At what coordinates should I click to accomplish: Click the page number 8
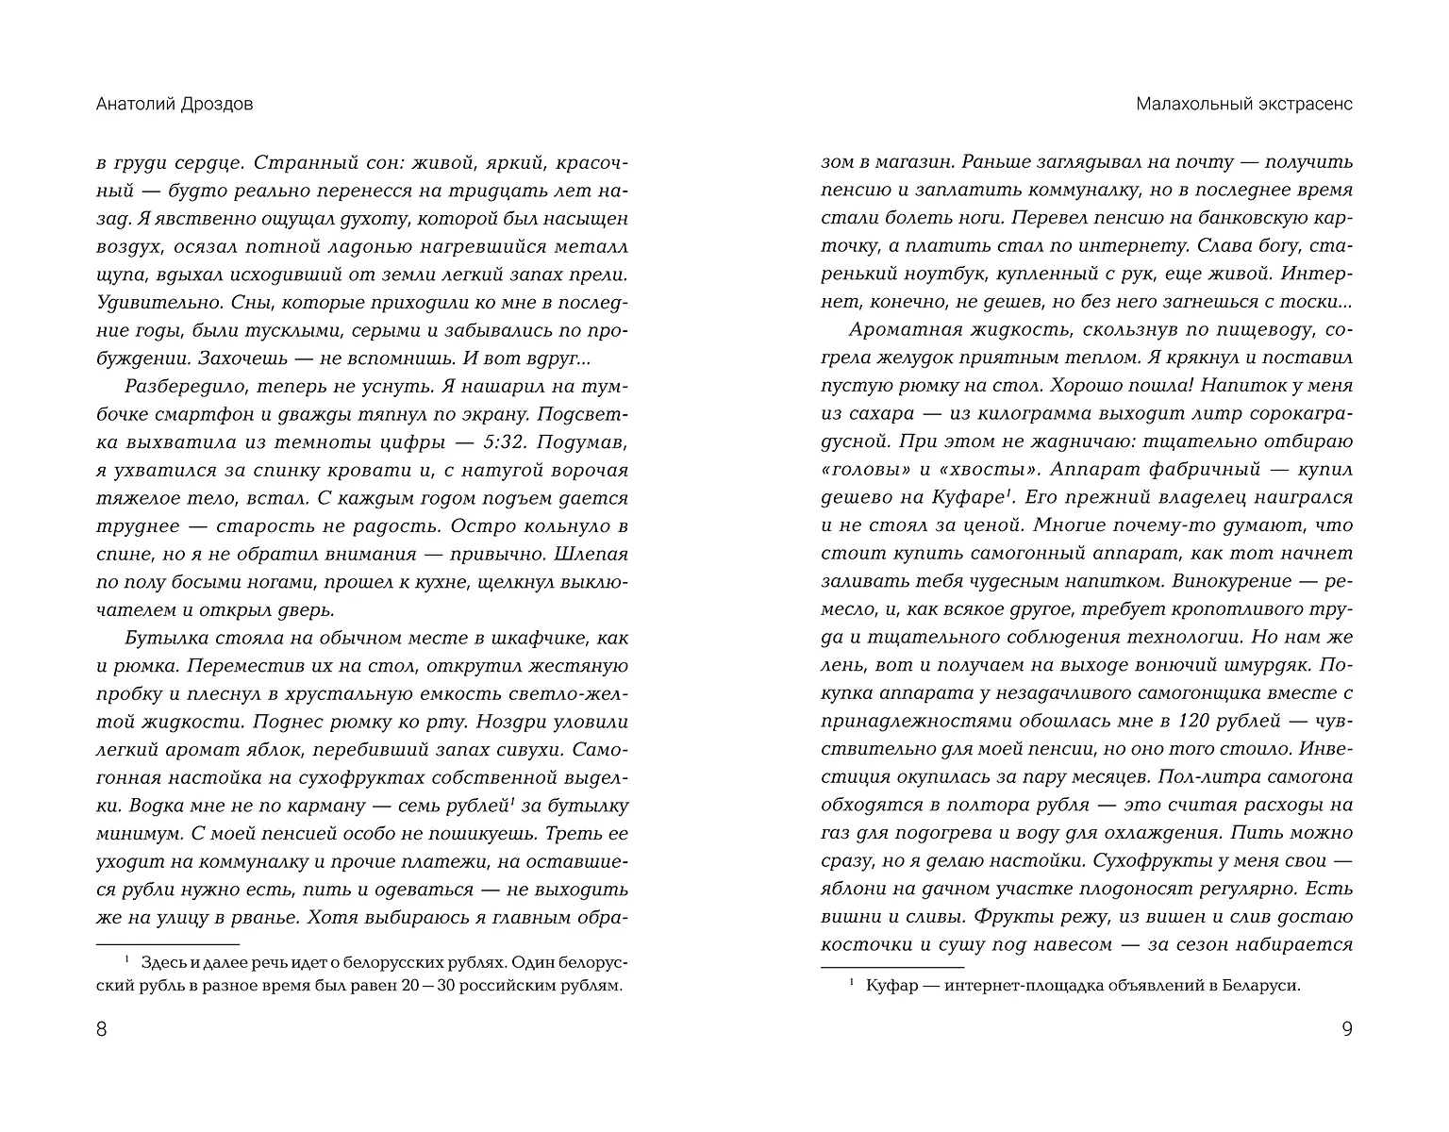point(102,1029)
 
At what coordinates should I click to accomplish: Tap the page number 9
point(1347,1029)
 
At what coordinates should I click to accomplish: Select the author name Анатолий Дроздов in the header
point(175,105)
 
